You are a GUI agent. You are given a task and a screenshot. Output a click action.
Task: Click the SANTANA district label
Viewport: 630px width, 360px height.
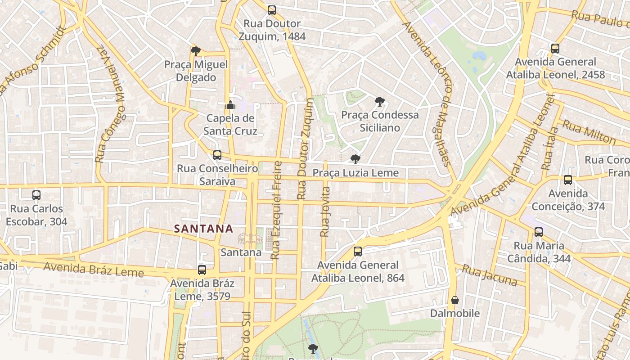click(203, 229)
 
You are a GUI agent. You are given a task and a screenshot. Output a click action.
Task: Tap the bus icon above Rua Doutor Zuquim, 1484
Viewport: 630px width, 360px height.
click(271, 10)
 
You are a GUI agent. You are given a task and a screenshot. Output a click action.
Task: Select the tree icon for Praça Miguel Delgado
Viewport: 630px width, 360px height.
click(195, 51)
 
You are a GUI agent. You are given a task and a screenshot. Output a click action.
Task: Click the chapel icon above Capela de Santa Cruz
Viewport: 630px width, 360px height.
click(230, 105)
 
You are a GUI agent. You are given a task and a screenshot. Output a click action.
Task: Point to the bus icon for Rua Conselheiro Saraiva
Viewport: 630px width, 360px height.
click(217, 155)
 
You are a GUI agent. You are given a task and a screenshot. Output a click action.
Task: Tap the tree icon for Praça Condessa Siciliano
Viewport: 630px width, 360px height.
click(380, 102)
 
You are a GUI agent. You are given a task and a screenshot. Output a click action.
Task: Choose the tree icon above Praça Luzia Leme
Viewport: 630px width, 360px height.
click(355, 159)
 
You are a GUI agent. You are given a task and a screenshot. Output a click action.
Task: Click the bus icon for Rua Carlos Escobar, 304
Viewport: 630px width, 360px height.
click(36, 195)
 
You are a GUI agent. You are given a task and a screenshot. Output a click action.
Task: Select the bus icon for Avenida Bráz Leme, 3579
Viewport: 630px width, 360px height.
click(202, 270)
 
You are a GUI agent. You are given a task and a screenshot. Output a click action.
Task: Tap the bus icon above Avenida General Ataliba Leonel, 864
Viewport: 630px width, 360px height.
click(358, 252)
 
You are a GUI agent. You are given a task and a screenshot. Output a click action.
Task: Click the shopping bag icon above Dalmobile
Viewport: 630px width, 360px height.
click(455, 300)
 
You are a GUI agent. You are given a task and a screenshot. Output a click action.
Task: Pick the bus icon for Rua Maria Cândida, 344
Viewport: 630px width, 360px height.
click(539, 232)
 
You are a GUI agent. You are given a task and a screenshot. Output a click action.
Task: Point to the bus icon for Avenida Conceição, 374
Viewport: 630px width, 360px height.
click(568, 180)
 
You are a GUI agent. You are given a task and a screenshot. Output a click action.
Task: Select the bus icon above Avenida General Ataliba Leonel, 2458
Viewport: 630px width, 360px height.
click(555, 49)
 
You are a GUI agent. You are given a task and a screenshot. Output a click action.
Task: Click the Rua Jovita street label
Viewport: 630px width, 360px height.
click(325, 211)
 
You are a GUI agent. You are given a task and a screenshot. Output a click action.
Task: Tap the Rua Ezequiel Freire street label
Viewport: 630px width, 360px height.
click(276, 210)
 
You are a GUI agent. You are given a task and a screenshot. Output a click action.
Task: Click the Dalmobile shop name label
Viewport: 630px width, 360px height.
click(455, 313)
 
